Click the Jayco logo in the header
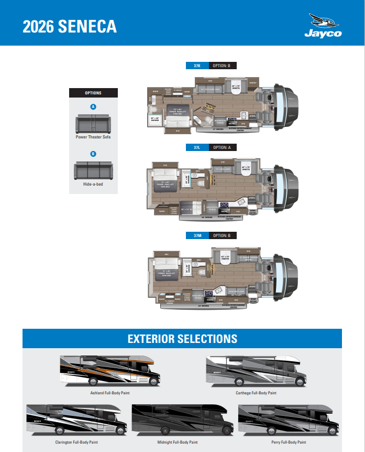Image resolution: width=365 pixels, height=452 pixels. (323, 26)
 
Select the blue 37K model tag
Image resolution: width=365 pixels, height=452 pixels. (197, 66)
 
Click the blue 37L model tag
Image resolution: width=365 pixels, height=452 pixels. (197, 148)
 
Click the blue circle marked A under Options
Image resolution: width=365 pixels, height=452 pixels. (93, 106)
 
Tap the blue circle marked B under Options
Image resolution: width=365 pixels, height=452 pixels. (93, 154)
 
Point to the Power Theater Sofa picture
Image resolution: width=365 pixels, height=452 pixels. (93, 124)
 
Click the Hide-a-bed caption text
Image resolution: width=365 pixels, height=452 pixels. (93, 184)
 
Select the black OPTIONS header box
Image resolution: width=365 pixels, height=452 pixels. (93, 93)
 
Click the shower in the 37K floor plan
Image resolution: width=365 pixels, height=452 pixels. (155, 119)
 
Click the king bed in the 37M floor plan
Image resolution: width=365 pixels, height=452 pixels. (167, 274)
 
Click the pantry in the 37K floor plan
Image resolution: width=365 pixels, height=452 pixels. (253, 82)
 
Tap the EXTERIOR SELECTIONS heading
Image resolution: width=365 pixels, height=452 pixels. (182, 339)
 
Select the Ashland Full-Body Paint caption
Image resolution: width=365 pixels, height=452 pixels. (109, 393)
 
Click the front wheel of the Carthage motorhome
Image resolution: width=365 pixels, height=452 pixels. (296, 383)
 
